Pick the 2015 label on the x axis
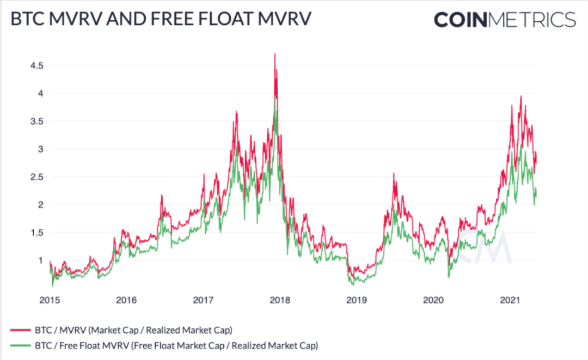point(50,300)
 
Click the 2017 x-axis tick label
point(203,300)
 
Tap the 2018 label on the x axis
point(280,300)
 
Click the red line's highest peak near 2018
point(275,54)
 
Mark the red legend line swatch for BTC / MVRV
point(20,330)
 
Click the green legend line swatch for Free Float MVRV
point(20,345)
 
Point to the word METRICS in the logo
point(533,20)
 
